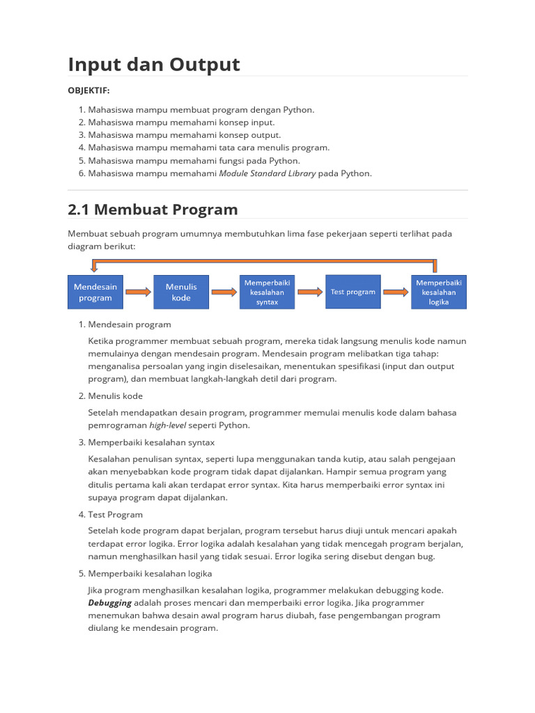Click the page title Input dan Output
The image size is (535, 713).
[x=154, y=64]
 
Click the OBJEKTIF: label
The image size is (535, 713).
[x=88, y=91]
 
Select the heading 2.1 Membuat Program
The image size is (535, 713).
[x=153, y=209]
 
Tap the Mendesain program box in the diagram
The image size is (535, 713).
[x=95, y=292]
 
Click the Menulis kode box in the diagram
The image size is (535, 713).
[x=181, y=292]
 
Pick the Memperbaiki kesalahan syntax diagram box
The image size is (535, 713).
[x=267, y=292]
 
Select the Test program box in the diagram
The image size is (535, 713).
[x=352, y=292]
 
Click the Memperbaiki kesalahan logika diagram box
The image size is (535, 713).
[x=438, y=292]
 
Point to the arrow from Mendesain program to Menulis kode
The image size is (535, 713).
[x=138, y=292]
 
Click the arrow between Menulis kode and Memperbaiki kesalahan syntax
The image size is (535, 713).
[x=224, y=292]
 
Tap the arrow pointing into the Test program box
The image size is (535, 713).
[x=309, y=292]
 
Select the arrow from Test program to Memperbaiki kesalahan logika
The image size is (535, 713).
[x=395, y=292]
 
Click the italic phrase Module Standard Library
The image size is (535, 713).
[x=267, y=173]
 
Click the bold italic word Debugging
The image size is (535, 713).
[x=109, y=602]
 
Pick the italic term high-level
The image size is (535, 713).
[x=167, y=425]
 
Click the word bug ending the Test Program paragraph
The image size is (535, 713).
[x=425, y=556]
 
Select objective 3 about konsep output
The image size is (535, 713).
[x=185, y=135]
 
